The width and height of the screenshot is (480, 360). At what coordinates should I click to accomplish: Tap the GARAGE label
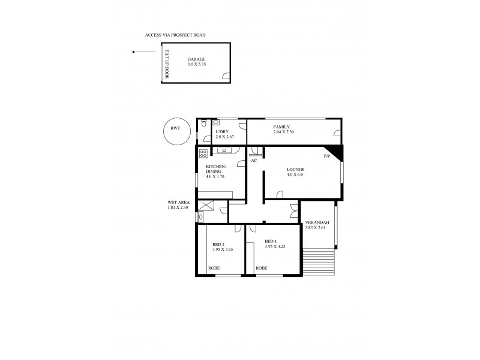(x=196, y=59)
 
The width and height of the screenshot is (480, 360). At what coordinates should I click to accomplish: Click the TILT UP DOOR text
(x=168, y=64)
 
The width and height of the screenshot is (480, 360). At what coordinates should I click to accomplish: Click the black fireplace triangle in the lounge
(x=335, y=153)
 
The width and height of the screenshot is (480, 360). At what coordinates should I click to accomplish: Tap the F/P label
(x=326, y=157)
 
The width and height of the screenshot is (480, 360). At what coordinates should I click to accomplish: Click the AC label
(x=254, y=160)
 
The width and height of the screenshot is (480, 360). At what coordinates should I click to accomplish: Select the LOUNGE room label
(x=295, y=169)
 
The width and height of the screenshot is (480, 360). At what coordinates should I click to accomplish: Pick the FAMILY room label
(x=281, y=127)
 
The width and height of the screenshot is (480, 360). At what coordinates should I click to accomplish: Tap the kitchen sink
(x=226, y=151)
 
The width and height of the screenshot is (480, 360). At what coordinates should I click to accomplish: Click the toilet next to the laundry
(x=204, y=124)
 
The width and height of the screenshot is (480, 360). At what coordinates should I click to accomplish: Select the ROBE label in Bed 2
(x=214, y=268)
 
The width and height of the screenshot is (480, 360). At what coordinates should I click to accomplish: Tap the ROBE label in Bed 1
(x=261, y=268)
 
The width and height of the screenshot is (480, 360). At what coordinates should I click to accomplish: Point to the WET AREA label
(x=178, y=202)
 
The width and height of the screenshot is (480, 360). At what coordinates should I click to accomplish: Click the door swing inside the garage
(x=225, y=76)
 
